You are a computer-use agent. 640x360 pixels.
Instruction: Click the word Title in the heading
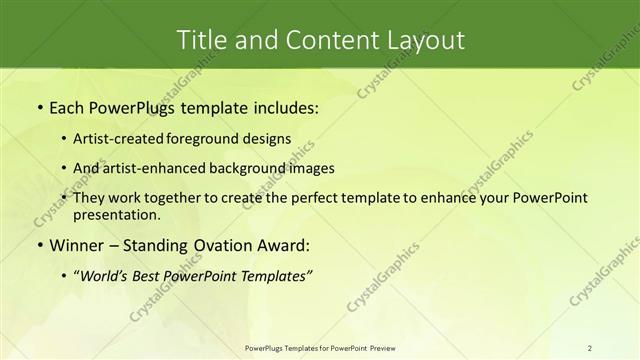(x=201, y=40)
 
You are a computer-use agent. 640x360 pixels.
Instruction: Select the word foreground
(x=219, y=139)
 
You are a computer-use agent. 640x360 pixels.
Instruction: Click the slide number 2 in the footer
(x=589, y=348)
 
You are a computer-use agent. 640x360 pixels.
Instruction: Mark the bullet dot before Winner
(x=39, y=245)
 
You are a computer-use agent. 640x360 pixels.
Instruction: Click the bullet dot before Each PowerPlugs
(x=39, y=107)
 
